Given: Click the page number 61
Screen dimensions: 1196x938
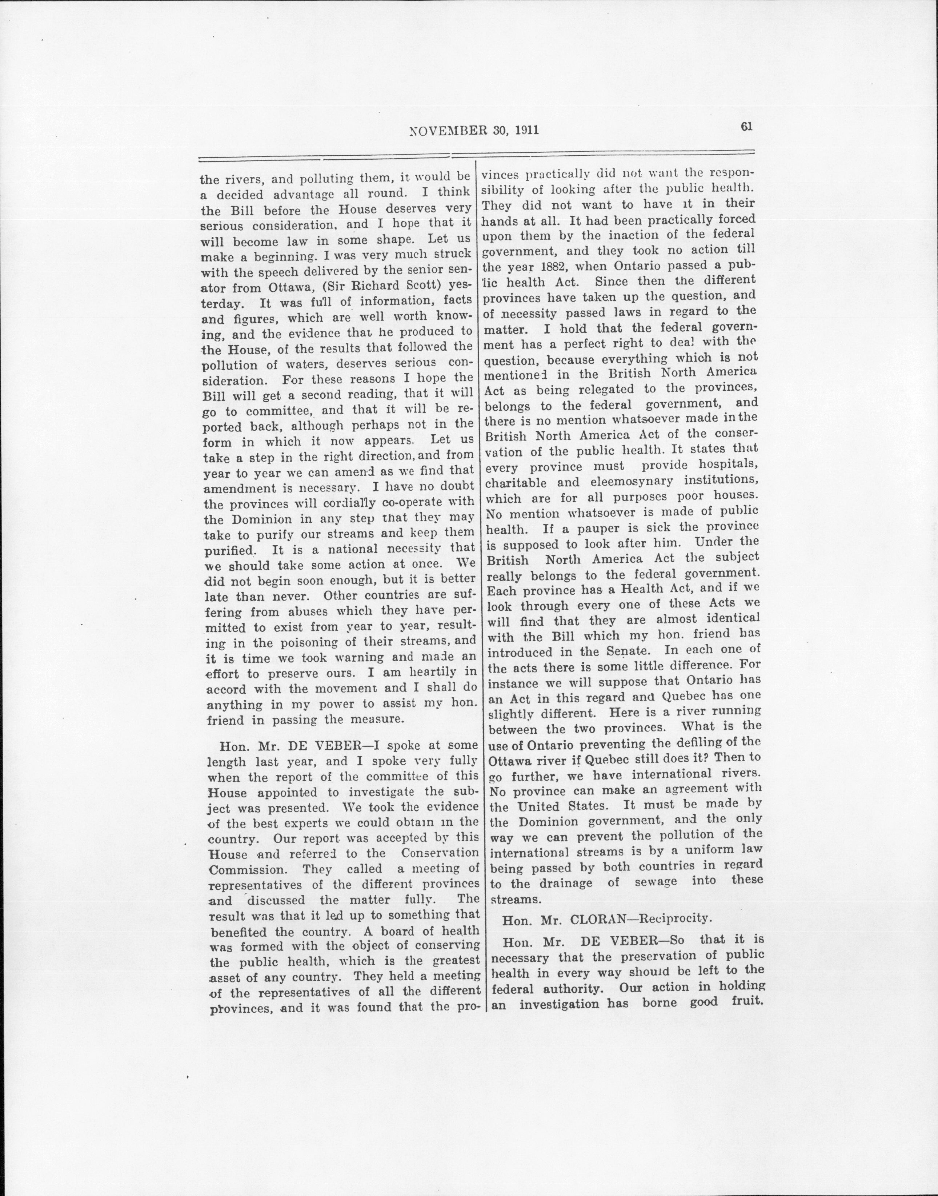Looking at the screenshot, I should click(x=746, y=126).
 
